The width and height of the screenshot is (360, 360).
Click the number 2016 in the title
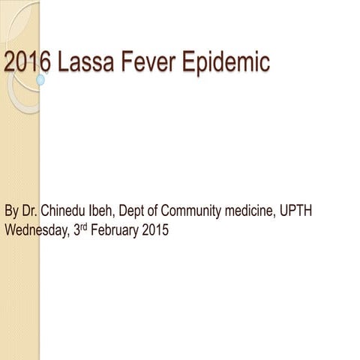click(x=27, y=62)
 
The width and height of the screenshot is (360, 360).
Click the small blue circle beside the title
click(x=40, y=78)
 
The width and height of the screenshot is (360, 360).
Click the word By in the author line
click(x=12, y=211)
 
